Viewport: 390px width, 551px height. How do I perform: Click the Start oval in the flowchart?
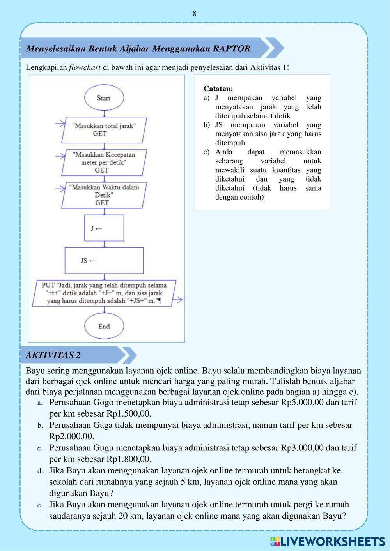click(103, 98)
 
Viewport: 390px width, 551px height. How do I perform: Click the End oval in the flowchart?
click(104, 327)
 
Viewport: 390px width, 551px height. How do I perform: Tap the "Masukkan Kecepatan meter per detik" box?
click(104, 162)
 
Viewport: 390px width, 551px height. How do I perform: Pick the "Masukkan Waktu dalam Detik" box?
click(104, 195)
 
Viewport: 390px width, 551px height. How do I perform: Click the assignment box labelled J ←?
click(104, 228)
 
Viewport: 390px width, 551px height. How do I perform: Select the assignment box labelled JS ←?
click(104, 260)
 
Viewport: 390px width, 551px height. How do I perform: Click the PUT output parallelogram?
click(104, 293)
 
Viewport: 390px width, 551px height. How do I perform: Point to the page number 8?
click(195, 14)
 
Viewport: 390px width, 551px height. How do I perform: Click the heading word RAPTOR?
click(232, 49)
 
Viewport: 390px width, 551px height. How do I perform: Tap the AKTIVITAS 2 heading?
click(53, 355)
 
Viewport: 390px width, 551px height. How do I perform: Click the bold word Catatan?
click(218, 89)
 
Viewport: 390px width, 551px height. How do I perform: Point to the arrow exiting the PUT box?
click(178, 300)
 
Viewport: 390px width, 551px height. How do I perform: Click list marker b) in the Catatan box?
click(206, 125)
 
